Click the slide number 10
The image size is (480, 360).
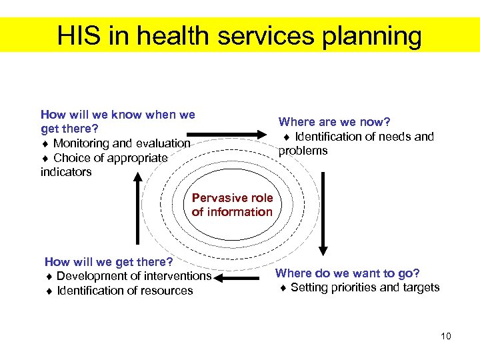pyautogui.click(x=445, y=336)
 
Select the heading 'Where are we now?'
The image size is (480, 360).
pyautogui.click(x=334, y=122)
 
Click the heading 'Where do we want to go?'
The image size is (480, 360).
pyautogui.click(x=347, y=273)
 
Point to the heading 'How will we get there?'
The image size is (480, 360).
pyautogui.click(x=108, y=261)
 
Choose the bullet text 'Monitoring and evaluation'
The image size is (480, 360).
pyautogui.click(x=121, y=143)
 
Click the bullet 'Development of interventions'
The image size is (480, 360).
pyautogui.click(x=133, y=276)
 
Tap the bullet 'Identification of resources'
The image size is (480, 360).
pyautogui.click(x=125, y=291)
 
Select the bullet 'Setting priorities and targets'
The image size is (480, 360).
pyautogui.click(x=365, y=287)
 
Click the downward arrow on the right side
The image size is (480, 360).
pyautogui.click(x=323, y=213)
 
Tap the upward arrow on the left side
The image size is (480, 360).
pyautogui.click(x=137, y=207)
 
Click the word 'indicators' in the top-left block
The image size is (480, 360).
pyautogui.click(x=66, y=172)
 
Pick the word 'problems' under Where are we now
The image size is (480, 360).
pyautogui.click(x=303, y=151)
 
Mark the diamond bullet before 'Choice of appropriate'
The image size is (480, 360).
pyautogui.click(x=45, y=158)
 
